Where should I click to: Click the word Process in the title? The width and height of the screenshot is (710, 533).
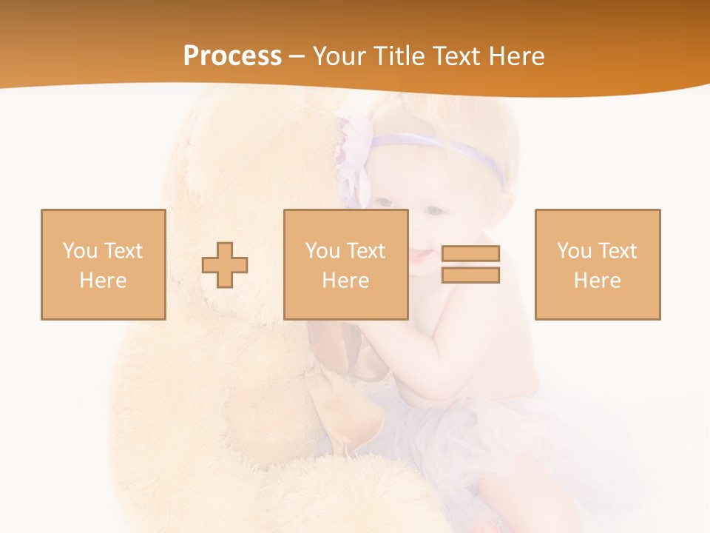click(232, 56)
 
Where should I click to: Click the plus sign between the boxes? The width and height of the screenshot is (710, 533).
click(225, 264)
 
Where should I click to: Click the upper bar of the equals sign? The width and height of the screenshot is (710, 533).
click(470, 254)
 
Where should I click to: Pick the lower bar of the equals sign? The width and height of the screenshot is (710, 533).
click(470, 275)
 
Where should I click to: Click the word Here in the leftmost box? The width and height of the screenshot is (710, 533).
click(103, 281)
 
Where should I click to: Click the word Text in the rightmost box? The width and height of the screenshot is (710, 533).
click(617, 251)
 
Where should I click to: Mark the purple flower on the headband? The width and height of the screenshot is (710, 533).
click(348, 148)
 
